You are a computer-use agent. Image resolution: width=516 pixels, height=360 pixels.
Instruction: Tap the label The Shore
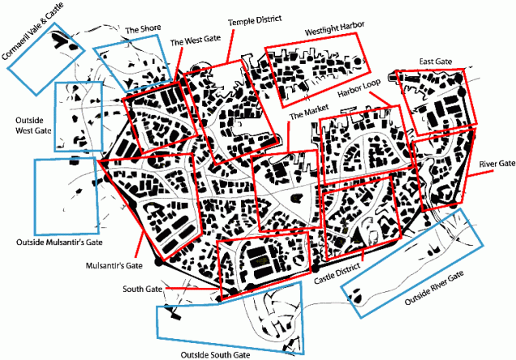pyautogui.click(x=142, y=29)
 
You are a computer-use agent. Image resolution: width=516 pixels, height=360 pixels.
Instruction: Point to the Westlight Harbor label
pyautogui.click(x=333, y=32)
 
